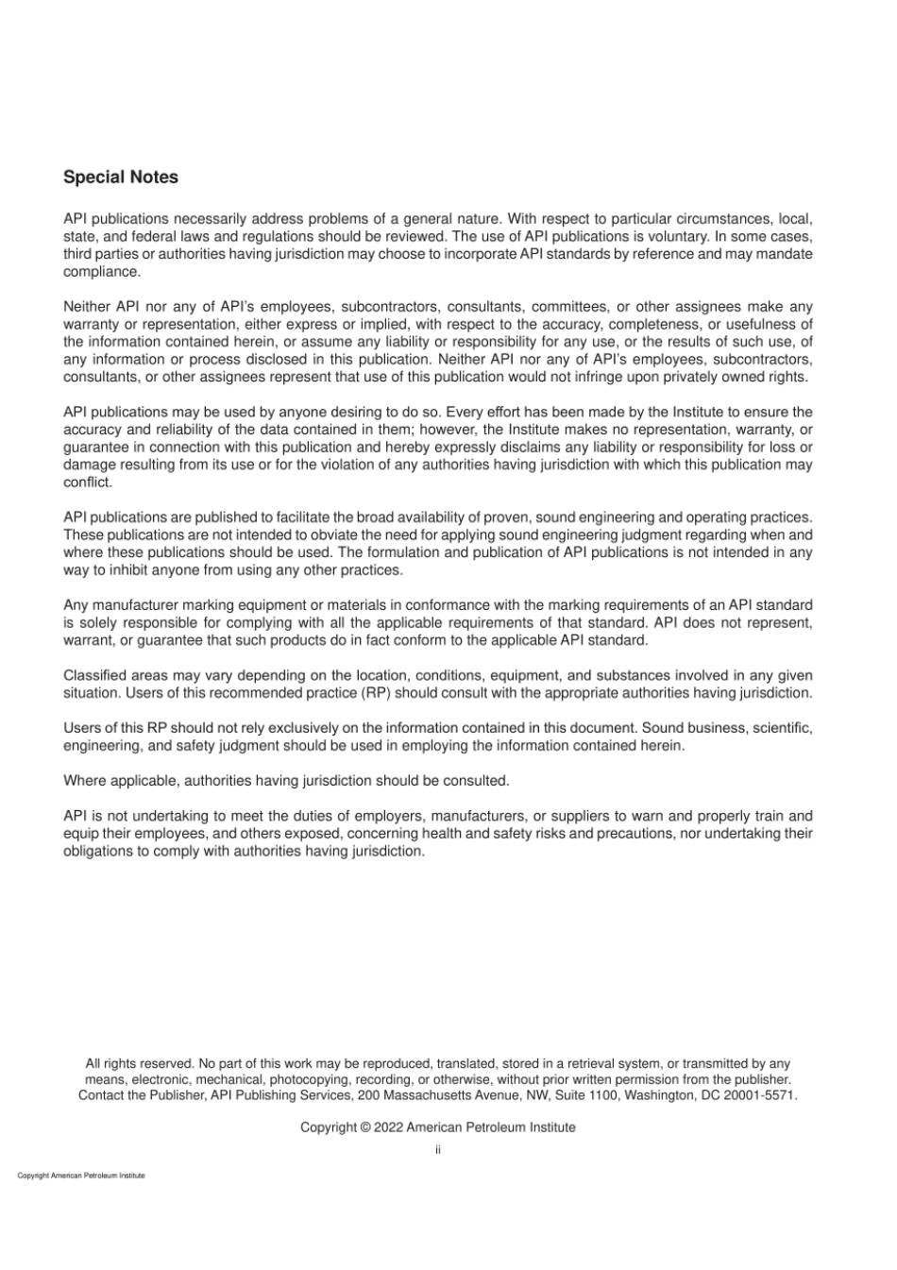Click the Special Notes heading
(x=120, y=178)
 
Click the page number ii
(x=438, y=1150)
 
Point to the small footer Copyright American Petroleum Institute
(x=81, y=1176)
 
